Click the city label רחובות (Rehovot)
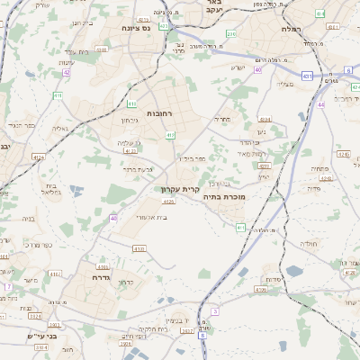(x=158, y=113)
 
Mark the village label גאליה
(x=60, y=130)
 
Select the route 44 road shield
(x=321, y=106)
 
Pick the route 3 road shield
(x=215, y=311)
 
